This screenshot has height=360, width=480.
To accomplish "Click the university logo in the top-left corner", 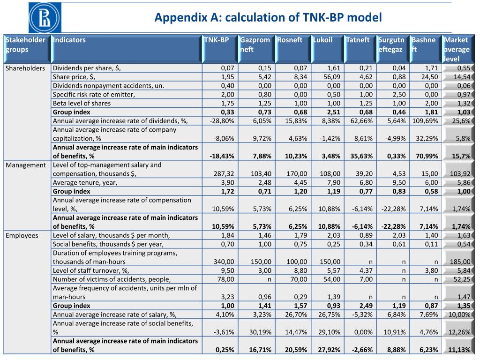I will [45, 18].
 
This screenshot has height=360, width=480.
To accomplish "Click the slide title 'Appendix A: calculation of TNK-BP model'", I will [268, 18].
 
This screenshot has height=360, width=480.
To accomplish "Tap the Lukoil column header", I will [323, 40].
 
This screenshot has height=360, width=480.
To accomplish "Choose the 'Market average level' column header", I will [457, 49].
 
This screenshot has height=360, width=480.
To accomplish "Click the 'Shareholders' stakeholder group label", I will [25, 68].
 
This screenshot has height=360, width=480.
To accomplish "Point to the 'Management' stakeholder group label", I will [26, 165].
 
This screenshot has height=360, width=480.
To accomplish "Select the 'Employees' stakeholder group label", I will [22, 235].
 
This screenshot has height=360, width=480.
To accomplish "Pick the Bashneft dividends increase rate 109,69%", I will [425, 121].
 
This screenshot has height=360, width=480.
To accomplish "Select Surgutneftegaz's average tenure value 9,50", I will [396, 182].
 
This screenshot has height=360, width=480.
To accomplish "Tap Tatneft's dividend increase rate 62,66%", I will [360, 121].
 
